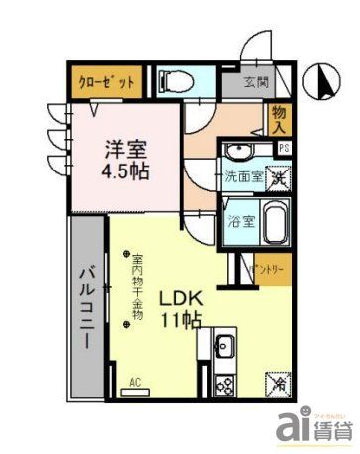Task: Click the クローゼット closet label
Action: (x=104, y=82)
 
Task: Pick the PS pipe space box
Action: (x=285, y=149)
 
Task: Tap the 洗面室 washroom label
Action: (x=243, y=179)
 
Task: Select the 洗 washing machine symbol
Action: (x=280, y=178)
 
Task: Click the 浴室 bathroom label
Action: (x=242, y=221)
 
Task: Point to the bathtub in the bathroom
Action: (x=276, y=221)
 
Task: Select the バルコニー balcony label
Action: (x=86, y=305)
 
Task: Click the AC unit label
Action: (x=134, y=381)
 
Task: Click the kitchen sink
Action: (x=224, y=348)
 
